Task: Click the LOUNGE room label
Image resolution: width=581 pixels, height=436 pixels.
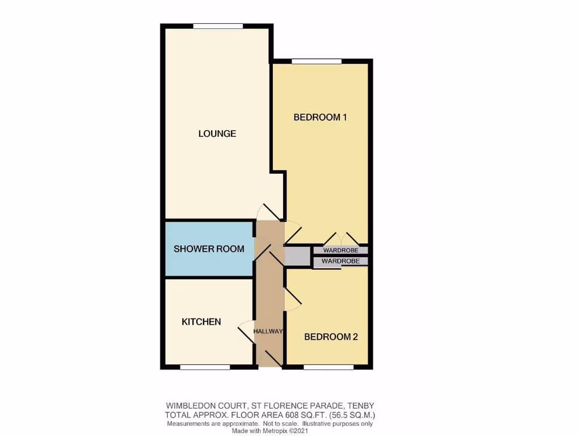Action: [217, 134]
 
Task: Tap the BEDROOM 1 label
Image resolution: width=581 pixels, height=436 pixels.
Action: [319, 118]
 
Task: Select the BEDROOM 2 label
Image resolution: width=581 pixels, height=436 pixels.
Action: [331, 337]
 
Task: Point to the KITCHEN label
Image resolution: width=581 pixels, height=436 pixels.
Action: [201, 322]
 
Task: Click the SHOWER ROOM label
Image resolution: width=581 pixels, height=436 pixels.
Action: [209, 249]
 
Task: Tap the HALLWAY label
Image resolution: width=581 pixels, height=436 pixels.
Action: [268, 332]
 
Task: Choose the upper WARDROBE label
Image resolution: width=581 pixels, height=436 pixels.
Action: [340, 250]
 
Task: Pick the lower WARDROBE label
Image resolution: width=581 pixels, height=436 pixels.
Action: [340, 261]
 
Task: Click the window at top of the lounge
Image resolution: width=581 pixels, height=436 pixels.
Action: [218, 26]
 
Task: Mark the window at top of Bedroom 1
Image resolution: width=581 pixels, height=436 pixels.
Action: [317, 61]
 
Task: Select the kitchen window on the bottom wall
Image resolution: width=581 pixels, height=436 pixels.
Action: [205, 367]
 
